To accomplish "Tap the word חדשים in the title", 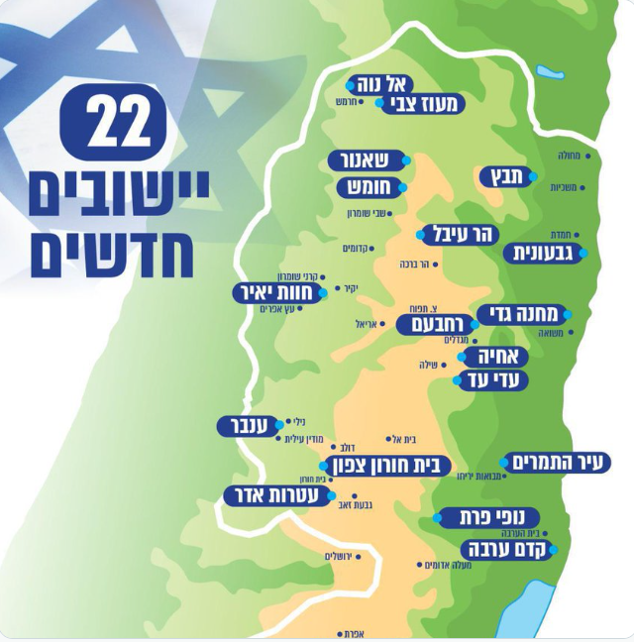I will click(112, 255).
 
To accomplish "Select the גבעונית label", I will click(544, 253).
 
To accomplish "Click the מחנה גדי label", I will click(523, 315).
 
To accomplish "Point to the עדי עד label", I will click(491, 379).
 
